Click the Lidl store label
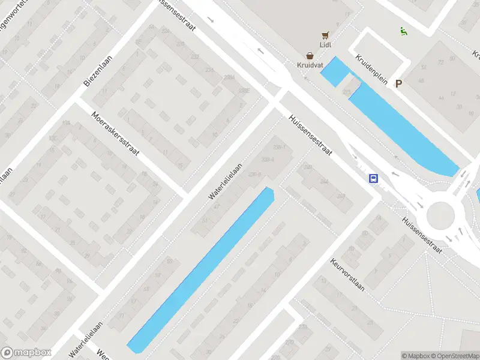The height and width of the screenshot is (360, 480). (326, 44)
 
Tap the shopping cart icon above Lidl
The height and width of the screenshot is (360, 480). (326, 35)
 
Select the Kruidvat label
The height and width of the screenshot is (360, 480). (310, 64)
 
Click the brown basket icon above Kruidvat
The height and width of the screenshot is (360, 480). (310, 55)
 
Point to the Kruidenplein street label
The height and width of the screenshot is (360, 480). (372, 69)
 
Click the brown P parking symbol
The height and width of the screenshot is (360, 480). (398, 85)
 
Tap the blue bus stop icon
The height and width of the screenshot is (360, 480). (373, 178)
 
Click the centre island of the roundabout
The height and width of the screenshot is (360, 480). (440, 215)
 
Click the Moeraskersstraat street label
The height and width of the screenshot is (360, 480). (115, 134)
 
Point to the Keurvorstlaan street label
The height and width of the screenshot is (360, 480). (347, 274)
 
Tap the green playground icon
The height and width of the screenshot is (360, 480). (403, 31)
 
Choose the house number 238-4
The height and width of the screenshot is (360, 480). (268, 160)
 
